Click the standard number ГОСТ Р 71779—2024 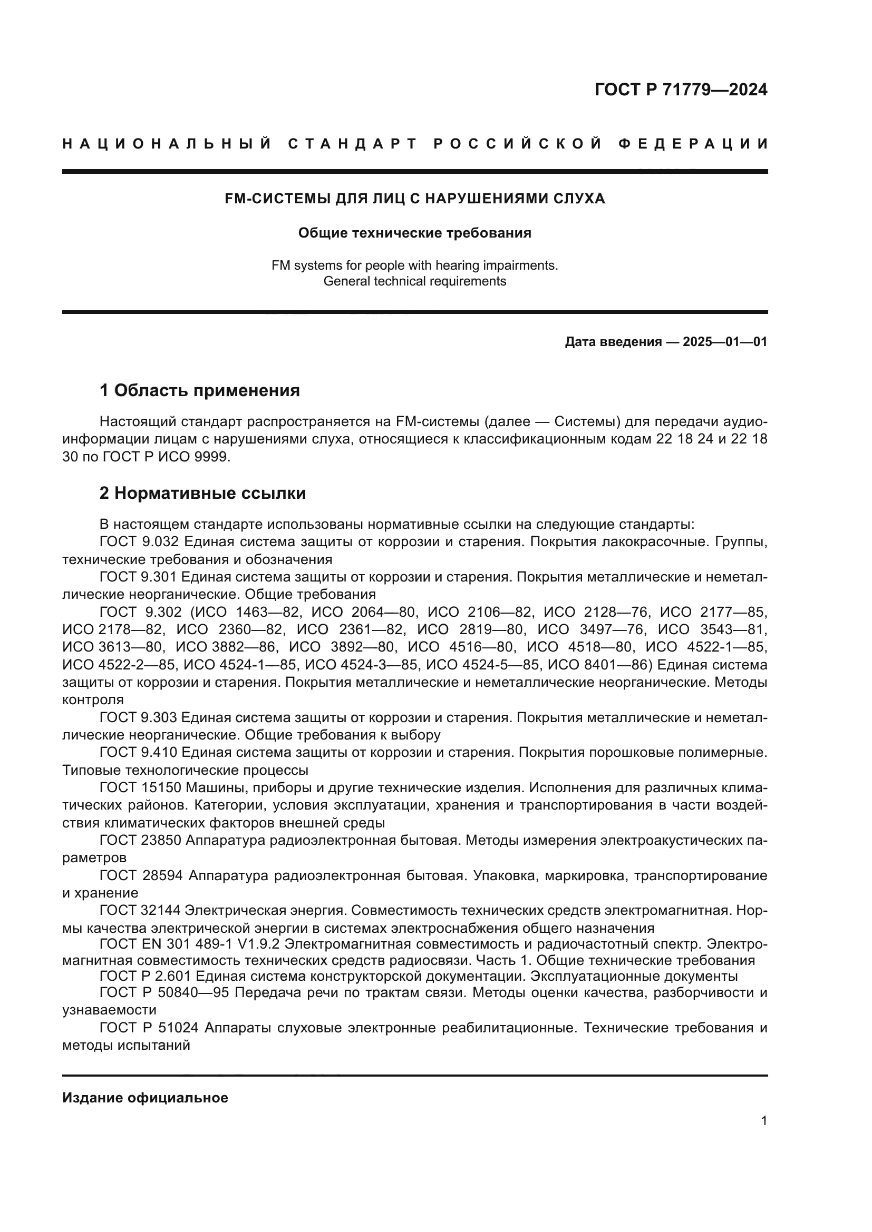[680, 90]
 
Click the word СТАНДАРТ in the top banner [352, 144]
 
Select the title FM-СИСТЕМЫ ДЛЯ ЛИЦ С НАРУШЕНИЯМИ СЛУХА [414, 199]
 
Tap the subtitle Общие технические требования [414, 233]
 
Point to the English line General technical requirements [414, 281]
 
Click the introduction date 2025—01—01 [725, 342]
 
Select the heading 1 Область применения [199, 390]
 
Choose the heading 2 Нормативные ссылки [202, 492]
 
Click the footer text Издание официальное [145, 1098]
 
